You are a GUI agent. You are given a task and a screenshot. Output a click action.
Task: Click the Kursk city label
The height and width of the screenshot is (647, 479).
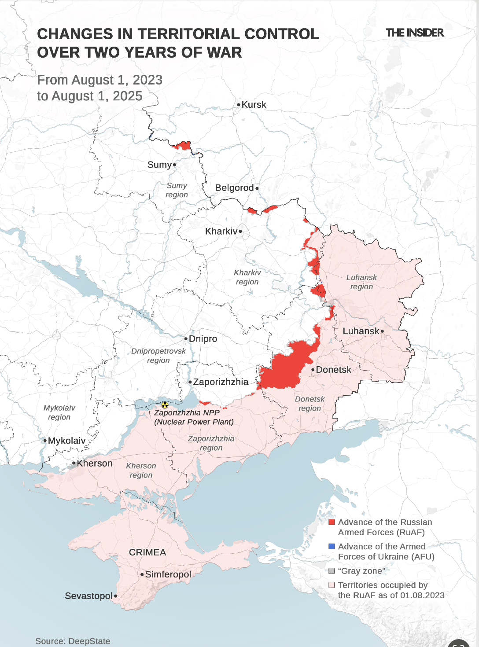click(254, 105)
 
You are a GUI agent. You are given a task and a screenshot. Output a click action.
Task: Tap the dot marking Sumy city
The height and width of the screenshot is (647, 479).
click(174, 165)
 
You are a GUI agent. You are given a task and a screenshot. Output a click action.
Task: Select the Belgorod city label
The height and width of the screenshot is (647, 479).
click(234, 188)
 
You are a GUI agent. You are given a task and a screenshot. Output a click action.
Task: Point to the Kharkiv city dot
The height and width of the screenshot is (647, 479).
click(240, 231)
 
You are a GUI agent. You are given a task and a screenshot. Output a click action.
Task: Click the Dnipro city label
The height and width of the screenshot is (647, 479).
click(203, 339)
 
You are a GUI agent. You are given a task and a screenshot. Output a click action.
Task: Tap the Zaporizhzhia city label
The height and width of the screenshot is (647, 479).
click(221, 382)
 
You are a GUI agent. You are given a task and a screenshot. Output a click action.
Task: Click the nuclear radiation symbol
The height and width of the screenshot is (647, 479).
click(165, 404)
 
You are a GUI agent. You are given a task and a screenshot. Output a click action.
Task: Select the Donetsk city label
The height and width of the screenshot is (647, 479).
click(333, 370)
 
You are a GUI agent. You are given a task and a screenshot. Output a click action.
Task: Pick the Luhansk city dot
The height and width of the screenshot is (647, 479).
click(382, 331)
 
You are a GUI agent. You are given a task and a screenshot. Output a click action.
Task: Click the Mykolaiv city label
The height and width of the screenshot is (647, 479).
click(67, 441)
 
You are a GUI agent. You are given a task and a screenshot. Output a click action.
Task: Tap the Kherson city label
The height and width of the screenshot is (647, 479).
click(95, 463)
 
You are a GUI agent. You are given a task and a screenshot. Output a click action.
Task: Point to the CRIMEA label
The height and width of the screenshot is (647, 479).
click(147, 552)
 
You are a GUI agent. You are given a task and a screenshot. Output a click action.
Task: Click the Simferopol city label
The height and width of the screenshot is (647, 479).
click(168, 574)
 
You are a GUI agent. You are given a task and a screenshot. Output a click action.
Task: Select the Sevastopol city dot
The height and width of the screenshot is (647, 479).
click(115, 596)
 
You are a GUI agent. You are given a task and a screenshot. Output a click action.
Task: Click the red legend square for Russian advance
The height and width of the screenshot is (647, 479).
click(332, 522)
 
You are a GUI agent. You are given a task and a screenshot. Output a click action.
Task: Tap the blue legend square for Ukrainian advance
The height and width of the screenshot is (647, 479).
click(332, 547)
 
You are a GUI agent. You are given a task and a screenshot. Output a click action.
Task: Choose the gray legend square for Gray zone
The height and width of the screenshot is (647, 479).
click(332, 571)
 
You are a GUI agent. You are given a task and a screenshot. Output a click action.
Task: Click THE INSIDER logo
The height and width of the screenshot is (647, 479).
click(415, 33)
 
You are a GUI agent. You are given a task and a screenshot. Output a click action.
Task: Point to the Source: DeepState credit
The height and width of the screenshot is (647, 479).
click(73, 641)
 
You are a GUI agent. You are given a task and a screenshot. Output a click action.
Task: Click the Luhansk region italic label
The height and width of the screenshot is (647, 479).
click(361, 282)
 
